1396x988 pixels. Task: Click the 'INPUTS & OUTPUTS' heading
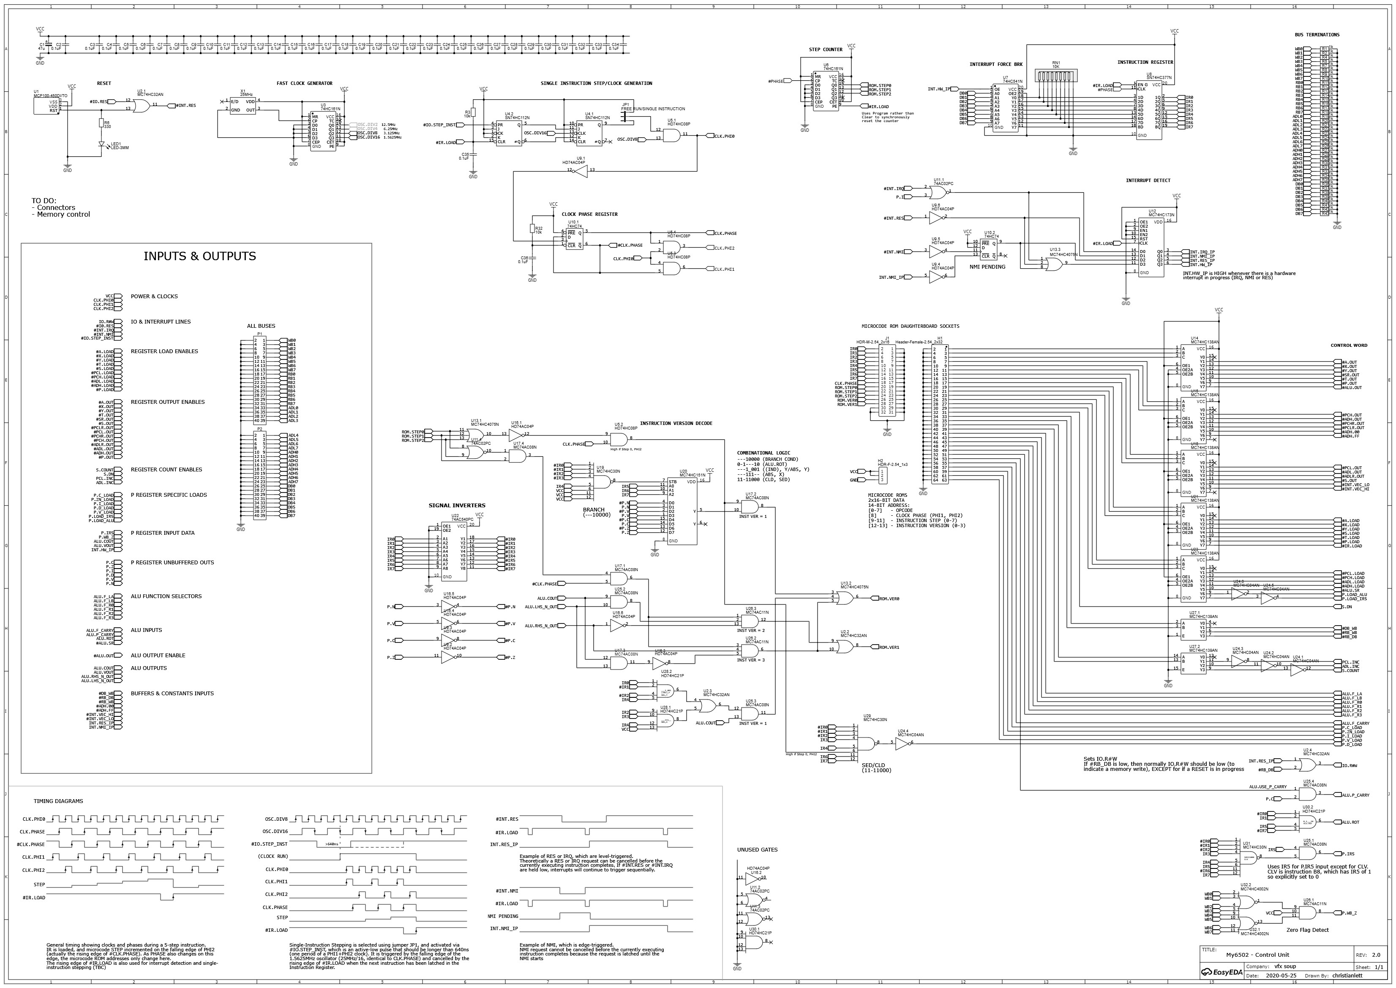coord(199,256)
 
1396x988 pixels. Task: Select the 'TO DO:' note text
coord(44,200)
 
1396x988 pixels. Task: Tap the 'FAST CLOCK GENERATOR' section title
coord(304,83)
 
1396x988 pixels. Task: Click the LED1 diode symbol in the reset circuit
coord(102,145)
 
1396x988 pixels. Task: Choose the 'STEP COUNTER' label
coord(825,50)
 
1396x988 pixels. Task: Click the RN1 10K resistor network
coord(1056,76)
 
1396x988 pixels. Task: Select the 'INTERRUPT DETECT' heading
coord(1148,181)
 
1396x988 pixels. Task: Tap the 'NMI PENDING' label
coord(987,267)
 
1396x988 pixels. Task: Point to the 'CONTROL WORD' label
coord(1349,346)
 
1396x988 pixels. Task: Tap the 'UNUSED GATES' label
coord(757,850)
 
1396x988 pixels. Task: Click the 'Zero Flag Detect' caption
coord(1307,930)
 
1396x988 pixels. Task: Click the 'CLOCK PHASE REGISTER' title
coord(589,214)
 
